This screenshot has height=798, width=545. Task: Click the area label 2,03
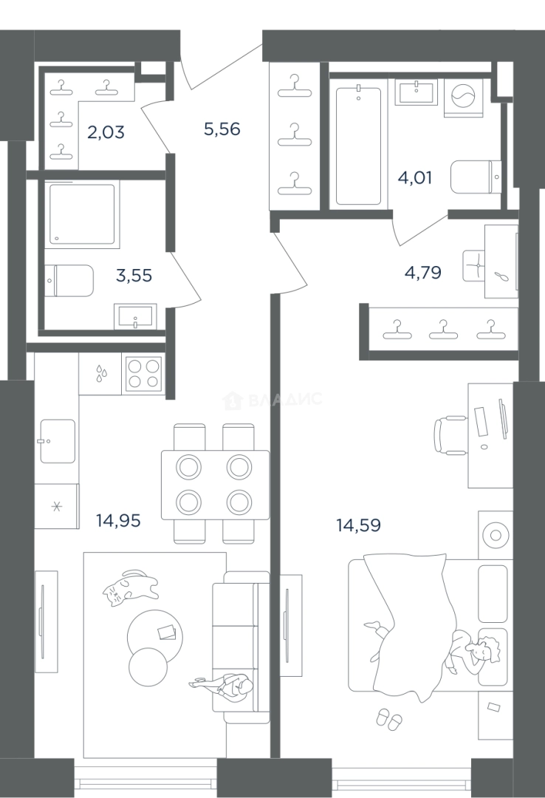point(106,132)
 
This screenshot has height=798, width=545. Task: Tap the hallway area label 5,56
point(222,129)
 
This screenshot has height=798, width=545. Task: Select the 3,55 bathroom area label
point(134,276)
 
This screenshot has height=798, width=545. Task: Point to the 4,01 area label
point(415,178)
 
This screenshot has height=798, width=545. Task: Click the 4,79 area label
point(423,273)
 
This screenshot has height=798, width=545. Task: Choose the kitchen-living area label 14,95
point(118,521)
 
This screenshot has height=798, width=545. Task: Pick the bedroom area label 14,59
point(358,525)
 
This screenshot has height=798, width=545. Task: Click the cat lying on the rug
point(129,587)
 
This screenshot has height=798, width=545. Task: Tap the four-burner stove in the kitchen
point(143,374)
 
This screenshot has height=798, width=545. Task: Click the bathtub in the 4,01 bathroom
point(358,146)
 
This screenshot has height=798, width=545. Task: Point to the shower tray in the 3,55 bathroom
point(82,214)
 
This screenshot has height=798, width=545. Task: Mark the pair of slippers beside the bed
point(388,719)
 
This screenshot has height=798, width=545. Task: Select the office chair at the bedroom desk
point(450,434)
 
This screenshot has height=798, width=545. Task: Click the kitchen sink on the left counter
point(58,441)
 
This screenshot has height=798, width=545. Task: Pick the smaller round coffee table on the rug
point(148,666)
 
